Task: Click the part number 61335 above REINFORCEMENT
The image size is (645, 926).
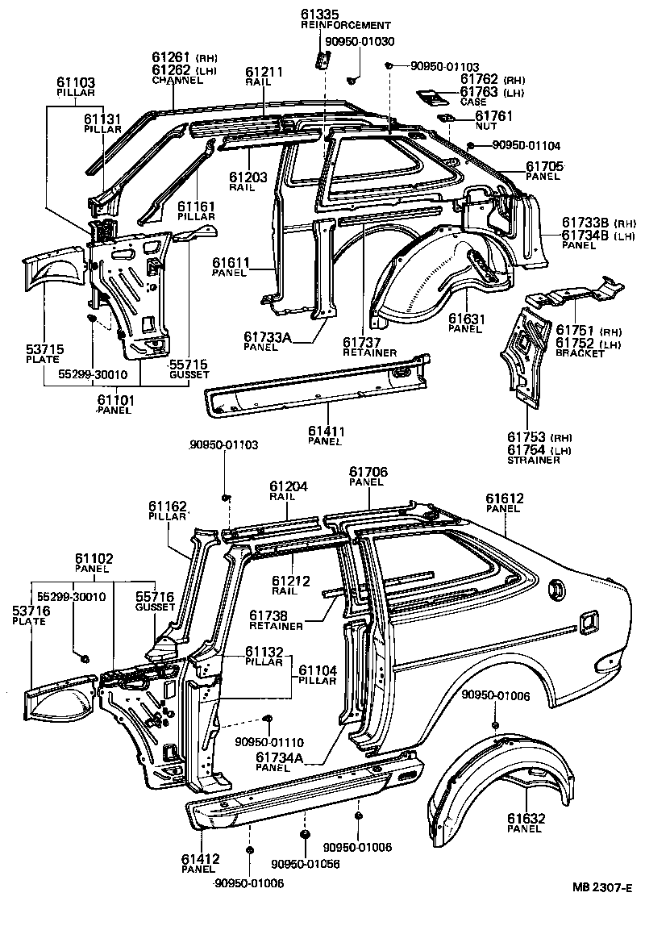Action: [x=319, y=14]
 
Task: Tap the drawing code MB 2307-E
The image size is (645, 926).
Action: [x=602, y=910]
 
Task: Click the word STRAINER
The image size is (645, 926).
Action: [x=534, y=461]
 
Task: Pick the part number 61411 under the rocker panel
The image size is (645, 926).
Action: [x=325, y=432]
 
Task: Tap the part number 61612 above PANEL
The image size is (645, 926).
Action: [x=506, y=498]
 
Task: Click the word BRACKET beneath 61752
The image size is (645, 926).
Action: [x=578, y=353]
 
